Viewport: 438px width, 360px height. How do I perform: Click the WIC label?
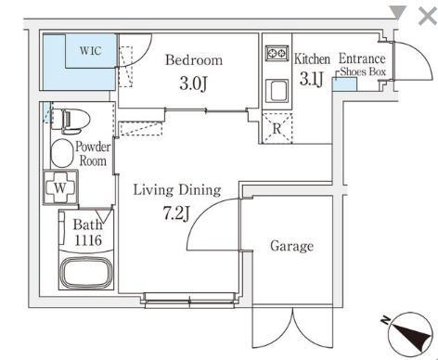[x=91, y=50]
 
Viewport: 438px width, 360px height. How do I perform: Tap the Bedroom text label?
[x=194, y=60]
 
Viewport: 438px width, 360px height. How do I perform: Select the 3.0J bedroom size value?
[x=193, y=84]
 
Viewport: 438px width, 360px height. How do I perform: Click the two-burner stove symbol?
[x=277, y=53]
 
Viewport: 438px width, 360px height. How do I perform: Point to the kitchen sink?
[x=277, y=91]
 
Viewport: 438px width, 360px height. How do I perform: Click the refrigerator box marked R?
[x=277, y=128]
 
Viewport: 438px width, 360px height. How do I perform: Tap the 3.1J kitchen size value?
[x=312, y=79]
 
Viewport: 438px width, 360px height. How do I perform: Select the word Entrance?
[x=362, y=58]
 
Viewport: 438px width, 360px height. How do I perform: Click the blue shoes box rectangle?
[x=344, y=84]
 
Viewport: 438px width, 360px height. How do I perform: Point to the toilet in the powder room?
[x=71, y=121]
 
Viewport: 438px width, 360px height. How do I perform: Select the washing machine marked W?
[x=60, y=187]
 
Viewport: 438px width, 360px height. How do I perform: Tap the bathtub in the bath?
[x=86, y=273]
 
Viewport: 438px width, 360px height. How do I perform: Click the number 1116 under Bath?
[x=88, y=240]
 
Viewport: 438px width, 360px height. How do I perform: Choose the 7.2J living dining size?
[x=176, y=213]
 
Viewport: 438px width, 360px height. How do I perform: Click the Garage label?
[x=291, y=246]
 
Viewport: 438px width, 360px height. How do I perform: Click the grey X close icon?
[x=428, y=16]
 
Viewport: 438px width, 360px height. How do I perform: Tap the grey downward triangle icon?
[x=398, y=13]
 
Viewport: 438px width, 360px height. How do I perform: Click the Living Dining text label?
[x=177, y=190]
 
